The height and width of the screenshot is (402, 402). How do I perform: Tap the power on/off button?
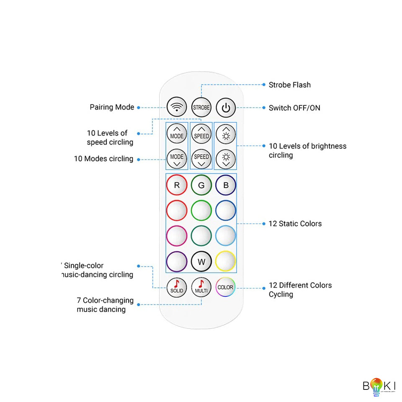coord(226,108)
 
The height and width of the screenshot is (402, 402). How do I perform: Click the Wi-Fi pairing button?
coord(176,107)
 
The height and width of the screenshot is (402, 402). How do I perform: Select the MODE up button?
coord(176,134)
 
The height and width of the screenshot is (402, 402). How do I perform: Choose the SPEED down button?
coord(201,159)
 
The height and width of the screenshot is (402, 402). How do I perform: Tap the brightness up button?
coord(226,134)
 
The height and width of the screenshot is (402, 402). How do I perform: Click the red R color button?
coord(176,185)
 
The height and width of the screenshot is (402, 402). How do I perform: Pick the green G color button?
coord(201,185)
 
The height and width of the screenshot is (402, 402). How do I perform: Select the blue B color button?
coord(226,185)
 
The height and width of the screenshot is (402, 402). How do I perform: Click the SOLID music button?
coord(176,287)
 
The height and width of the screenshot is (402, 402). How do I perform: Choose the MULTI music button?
coord(201,287)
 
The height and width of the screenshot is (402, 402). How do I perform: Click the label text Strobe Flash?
coord(289,85)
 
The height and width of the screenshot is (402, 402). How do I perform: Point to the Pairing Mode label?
coord(112,107)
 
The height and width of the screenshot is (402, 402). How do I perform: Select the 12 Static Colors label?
coord(295,224)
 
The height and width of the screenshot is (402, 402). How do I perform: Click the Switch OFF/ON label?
coord(294,108)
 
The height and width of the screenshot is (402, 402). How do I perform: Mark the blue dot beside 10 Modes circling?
coord(139,159)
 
